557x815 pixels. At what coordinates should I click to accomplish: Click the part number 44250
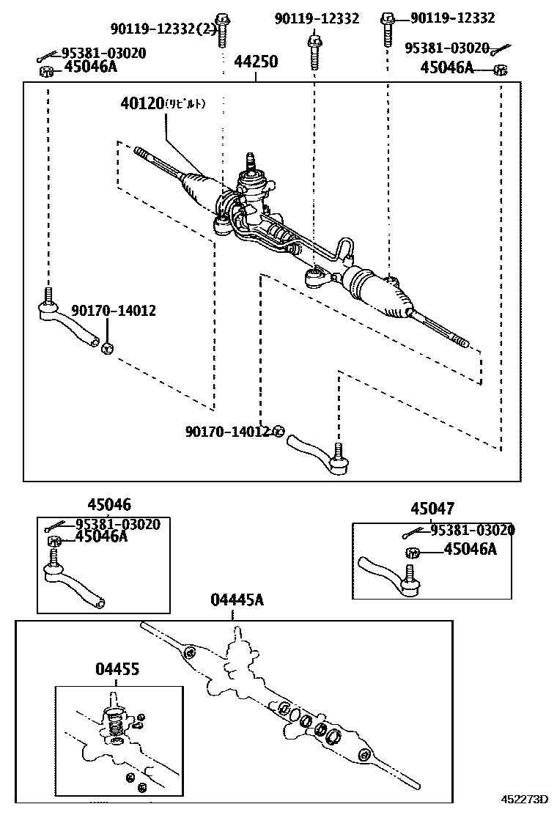[x=256, y=62]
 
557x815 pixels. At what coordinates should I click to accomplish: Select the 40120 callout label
[x=141, y=104]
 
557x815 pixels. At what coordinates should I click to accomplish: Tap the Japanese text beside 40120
[x=185, y=104]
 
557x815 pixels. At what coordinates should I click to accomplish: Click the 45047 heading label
[x=432, y=509]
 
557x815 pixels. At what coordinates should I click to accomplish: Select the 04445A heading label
[x=237, y=600]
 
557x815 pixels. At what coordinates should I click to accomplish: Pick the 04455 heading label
[x=117, y=668]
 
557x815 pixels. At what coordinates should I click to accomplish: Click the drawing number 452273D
[x=524, y=799]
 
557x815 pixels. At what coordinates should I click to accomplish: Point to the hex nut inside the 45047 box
[x=410, y=553]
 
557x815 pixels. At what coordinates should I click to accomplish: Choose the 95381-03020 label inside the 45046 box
[x=118, y=524]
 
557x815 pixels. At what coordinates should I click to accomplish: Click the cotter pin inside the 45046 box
[x=53, y=527]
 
